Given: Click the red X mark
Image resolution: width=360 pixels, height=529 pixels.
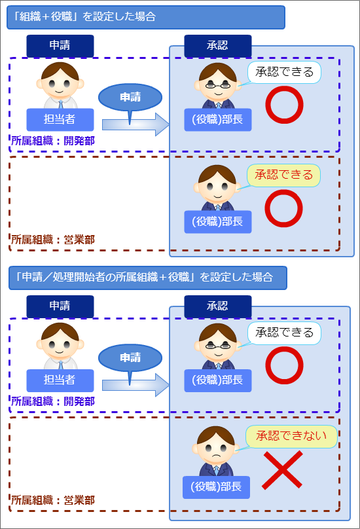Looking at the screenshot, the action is click(282, 470).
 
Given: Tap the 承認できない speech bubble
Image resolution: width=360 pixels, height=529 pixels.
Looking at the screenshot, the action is click(291, 436).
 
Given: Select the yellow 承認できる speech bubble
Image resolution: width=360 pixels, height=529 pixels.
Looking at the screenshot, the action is click(283, 175).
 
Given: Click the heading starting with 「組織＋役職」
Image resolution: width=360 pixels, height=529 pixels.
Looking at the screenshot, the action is click(145, 17).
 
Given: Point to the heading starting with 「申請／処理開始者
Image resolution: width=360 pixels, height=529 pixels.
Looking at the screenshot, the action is click(147, 278).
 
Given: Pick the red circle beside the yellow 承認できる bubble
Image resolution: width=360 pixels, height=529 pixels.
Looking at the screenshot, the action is click(283, 208).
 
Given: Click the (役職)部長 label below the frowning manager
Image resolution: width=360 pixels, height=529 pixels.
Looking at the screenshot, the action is click(216, 487).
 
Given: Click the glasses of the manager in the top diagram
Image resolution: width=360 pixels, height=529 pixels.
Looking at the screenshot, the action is click(218, 85).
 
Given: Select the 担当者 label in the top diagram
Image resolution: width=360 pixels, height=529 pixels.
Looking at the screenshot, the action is click(60, 119).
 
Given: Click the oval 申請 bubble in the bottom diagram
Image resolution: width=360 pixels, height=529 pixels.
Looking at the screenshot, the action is click(130, 357).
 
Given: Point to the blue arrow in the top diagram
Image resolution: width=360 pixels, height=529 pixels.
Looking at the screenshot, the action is click(135, 124).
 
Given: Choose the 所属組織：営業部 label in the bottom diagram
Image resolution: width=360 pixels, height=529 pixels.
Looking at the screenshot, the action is click(53, 500).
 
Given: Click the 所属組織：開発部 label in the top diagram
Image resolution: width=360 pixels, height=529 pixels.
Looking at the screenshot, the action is click(53, 141).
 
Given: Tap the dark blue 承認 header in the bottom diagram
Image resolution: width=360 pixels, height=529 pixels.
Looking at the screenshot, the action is click(218, 306).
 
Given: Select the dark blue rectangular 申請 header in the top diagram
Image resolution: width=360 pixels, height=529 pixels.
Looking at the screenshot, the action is click(60, 46).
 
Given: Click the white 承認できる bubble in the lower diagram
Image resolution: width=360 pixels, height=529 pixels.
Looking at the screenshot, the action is click(284, 333).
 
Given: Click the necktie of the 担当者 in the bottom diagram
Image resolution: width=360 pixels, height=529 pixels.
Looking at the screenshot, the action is click(61, 365).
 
